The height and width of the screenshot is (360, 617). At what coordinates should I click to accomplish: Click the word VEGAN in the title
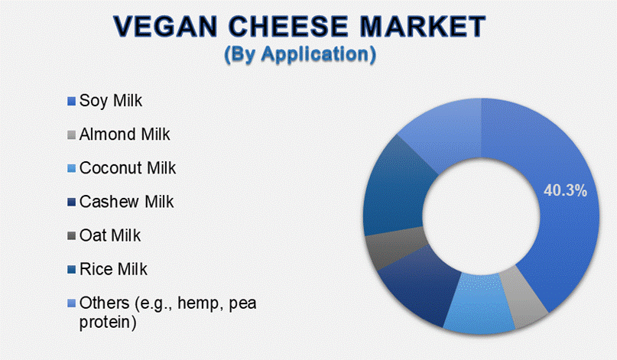point(165,26)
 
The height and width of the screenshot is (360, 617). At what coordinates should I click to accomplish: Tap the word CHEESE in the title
point(288,26)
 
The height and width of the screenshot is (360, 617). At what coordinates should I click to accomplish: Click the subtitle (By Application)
point(300,54)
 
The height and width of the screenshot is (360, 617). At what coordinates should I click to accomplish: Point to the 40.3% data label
point(565,191)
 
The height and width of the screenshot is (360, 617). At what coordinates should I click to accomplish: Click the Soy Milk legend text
point(111,101)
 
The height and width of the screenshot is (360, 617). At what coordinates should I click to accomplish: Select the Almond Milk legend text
point(125,135)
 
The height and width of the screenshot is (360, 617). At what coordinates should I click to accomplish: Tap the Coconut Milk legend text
point(128,168)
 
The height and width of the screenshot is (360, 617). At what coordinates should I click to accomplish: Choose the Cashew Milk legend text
point(126,202)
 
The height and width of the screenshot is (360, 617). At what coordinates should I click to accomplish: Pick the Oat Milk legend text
point(110,235)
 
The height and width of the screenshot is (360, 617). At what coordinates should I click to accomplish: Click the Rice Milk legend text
point(113,270)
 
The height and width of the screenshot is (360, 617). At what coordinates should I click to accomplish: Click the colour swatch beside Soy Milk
point(71,102)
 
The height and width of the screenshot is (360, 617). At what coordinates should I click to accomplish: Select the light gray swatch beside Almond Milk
point(71,135)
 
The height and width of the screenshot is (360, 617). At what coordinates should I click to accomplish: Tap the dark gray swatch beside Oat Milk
point(71,236)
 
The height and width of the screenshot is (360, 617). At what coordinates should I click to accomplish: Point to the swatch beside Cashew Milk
point(71,203)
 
